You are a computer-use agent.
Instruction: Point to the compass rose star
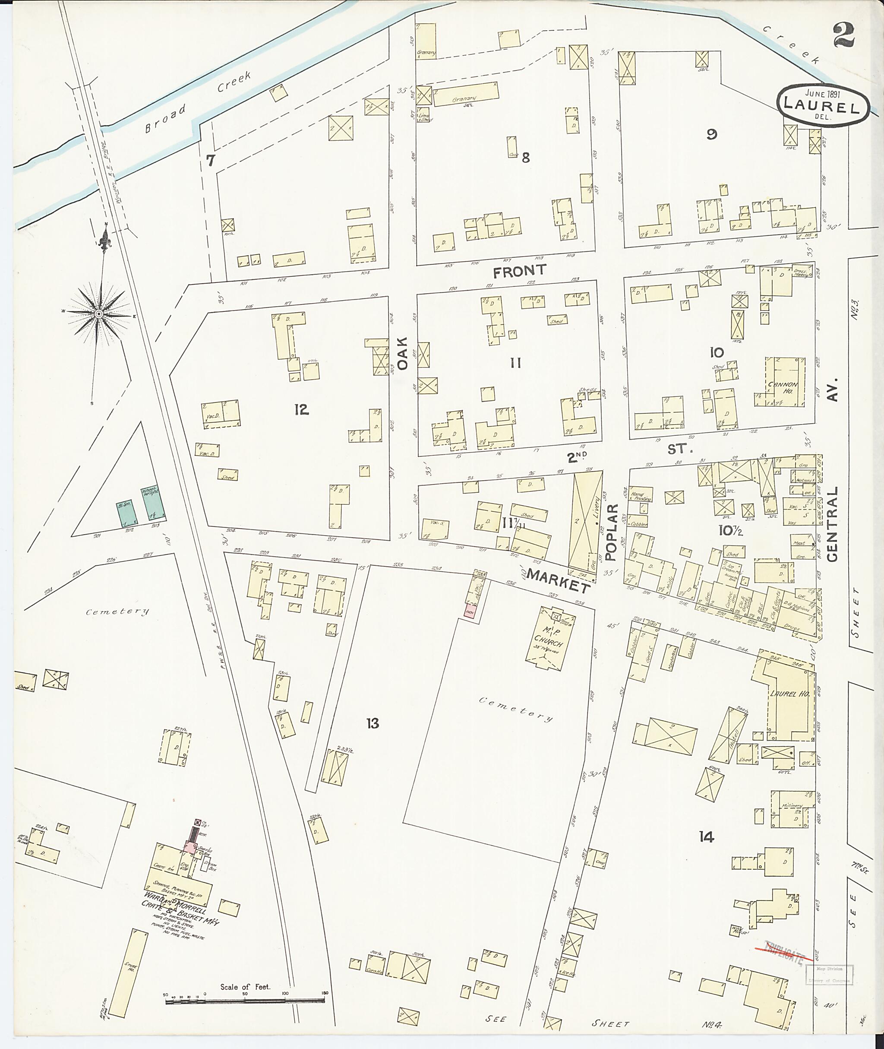(99, 314)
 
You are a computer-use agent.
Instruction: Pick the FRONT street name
(519, 271)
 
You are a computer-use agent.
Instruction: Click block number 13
(373, 723)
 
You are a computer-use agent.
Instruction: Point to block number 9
(712, 134)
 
